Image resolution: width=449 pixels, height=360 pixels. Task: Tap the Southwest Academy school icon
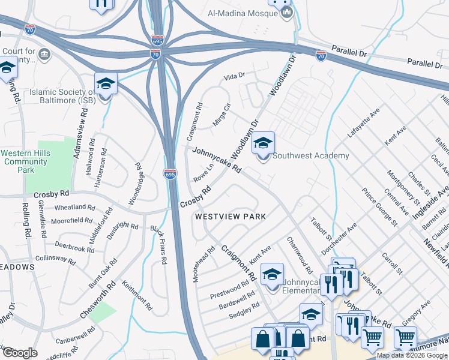[263, 145]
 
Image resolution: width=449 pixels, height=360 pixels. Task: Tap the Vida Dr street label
[235, 76]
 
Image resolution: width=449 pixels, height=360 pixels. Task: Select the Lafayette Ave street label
[364, 124]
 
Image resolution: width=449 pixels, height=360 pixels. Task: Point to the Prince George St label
[379, 207]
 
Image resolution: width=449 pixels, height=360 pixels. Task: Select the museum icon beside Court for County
[44, 55]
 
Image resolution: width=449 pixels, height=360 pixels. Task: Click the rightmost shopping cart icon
[405, 338]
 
